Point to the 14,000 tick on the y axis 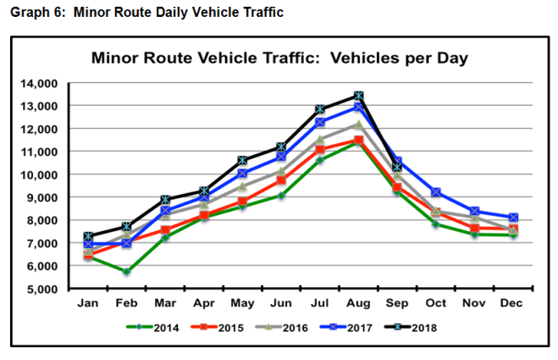pyautogui.click(x=36, y=83)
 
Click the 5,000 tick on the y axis pyautogui.click(x=40, y=289)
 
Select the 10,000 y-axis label pyautogui.click(x=36, y=174)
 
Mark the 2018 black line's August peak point pyautogui.click(x=359, y=96)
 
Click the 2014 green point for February pyautogui.click(x=125, y=271)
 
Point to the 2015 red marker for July pyautogui.click(x=320, y=150)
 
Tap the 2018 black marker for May pyautogui.click(x=242, y=160)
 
